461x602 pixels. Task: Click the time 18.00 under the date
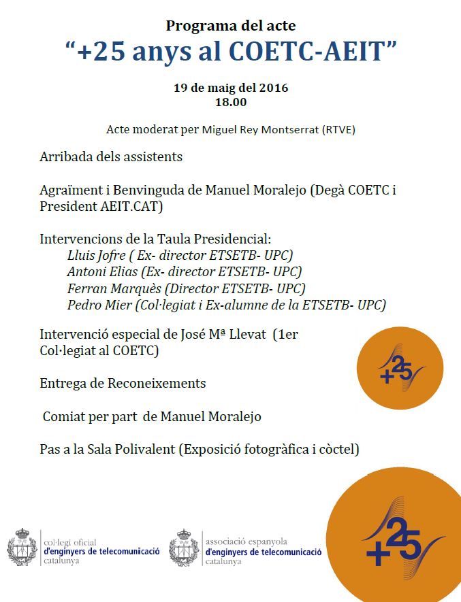(230, 103)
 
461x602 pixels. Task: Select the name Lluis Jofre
(95, 256)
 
